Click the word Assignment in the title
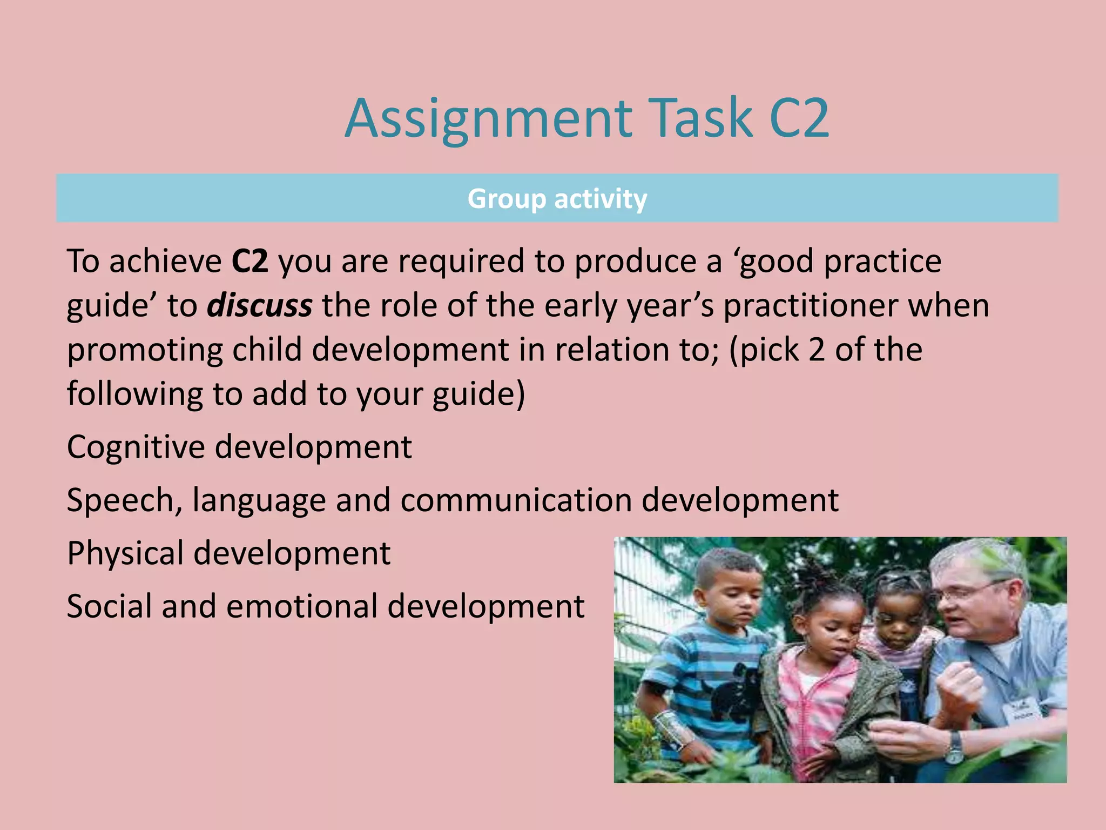coord(489,119)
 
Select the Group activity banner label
coord(557,199)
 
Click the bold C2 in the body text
coord(249,262)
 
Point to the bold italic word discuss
coord(260,306)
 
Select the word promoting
coord(144,350)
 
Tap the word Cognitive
coord(136,447)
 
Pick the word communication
coord(516,500)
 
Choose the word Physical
coord(125,553)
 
